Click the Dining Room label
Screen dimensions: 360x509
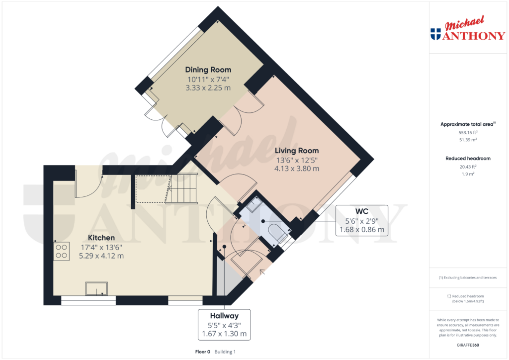[x=208, y=70]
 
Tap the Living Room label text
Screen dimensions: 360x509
[x=297, y=151]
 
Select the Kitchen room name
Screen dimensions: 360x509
[x=101, y=238]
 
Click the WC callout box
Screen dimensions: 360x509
[x=361, y=220]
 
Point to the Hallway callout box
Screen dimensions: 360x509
[x=224, y=324]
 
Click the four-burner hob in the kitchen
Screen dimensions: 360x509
[x=62, y=251]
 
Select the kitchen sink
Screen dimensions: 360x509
[x=96, y=288]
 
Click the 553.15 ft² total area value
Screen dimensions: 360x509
[x=468, y=133]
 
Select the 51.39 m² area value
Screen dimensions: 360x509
[x=468, y=141]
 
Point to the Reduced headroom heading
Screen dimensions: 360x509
[x=468, y=159]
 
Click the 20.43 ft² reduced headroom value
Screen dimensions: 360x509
[x=468, y=167]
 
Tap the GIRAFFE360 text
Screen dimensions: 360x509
[x=468, y=345]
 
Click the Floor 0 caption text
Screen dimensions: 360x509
[x=202, y=352]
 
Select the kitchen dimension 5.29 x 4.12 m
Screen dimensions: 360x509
[x=101, y=256]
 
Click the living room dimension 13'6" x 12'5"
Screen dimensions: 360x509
[x=297, y=160]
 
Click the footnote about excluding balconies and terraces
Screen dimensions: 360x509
[x=468, y=277]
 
